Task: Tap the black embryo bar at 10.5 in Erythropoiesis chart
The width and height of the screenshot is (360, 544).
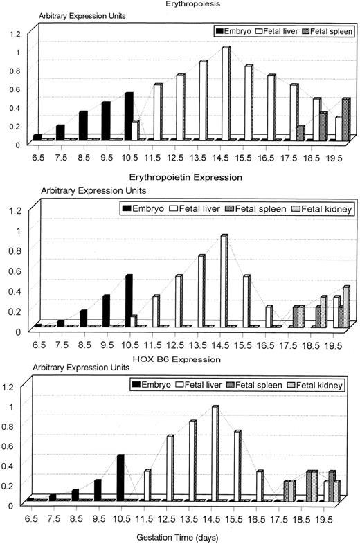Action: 129,116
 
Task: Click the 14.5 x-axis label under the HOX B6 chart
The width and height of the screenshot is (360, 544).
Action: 215,519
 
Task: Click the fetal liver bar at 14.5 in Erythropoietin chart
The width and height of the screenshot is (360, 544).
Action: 224,280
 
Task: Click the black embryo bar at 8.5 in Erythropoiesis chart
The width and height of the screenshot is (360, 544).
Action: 83,126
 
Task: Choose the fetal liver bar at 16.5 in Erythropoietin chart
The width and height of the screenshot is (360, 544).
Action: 269,316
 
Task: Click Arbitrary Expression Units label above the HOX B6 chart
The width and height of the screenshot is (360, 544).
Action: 46,369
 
